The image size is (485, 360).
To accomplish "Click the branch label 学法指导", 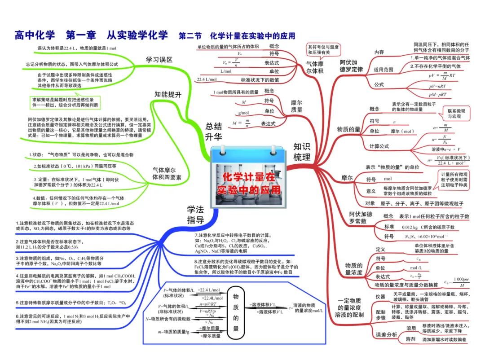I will pos(196,214).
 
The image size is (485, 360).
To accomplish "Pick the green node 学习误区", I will pos(159,59).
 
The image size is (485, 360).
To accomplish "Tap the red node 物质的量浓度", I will pos(354,268).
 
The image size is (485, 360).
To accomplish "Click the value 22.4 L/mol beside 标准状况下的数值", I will pos(207,80).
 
